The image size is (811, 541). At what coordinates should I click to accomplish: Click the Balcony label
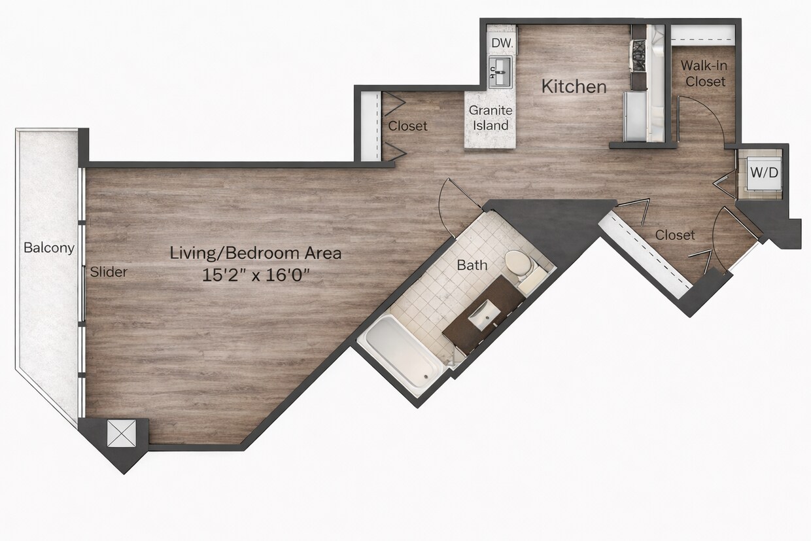click(x=48, y=249)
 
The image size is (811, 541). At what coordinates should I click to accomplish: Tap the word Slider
click(x=109, y=272)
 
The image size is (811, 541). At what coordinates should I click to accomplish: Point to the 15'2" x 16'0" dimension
click(x=256, y=274)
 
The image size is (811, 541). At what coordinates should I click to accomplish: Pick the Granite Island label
click(x=491, y=118)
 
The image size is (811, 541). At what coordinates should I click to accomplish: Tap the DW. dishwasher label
click(x=502, y=43)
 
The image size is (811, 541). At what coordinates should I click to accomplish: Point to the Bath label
click(x=472, y=266)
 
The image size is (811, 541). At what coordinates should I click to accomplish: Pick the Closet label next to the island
click(x=407, y=126)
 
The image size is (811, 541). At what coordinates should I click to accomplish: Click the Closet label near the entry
click(x=675, y=235)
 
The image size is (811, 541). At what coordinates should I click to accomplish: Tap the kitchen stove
click(x=638, y=56)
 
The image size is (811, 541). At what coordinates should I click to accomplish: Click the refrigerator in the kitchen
click(x=634, y=116)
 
